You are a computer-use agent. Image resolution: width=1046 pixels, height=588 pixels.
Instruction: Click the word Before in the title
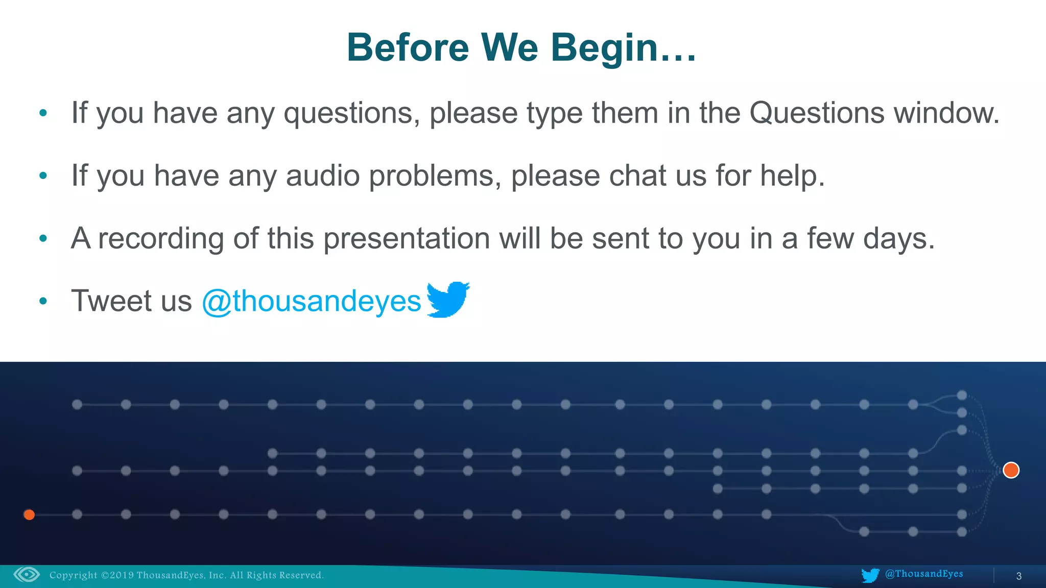408,47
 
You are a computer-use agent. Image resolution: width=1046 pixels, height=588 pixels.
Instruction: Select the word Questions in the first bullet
816,113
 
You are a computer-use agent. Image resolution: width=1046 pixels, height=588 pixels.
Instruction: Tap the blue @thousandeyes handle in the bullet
312,301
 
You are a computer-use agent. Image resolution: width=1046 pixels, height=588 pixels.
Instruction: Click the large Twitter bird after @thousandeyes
448,300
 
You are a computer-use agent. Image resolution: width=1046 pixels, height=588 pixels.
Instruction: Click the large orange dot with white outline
1011,470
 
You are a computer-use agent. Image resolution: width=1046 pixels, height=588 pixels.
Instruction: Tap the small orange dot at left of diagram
29,514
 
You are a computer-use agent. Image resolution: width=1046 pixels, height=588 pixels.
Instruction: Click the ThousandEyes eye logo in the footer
27,575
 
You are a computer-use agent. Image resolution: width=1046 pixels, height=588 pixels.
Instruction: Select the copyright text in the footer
186,575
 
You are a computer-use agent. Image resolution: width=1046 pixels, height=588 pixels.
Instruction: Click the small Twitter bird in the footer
870,575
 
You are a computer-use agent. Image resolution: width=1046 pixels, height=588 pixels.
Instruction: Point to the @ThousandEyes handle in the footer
923,574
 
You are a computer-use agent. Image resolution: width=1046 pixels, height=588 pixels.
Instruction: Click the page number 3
1018,576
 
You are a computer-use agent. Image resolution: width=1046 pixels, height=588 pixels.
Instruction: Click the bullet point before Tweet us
43,301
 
